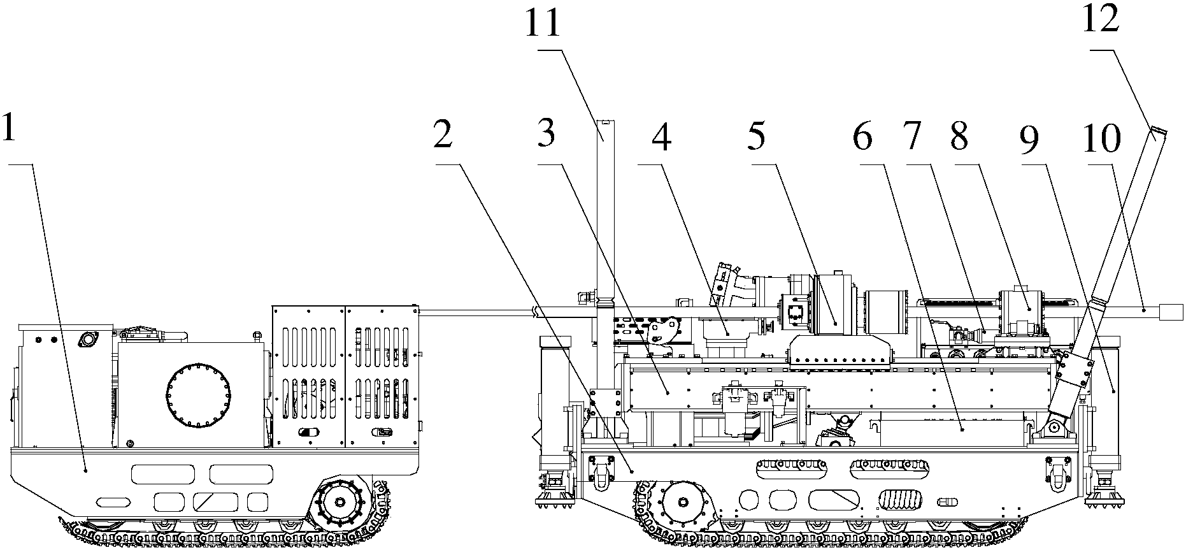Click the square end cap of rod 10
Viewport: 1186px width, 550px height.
[x=1171, y=312]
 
